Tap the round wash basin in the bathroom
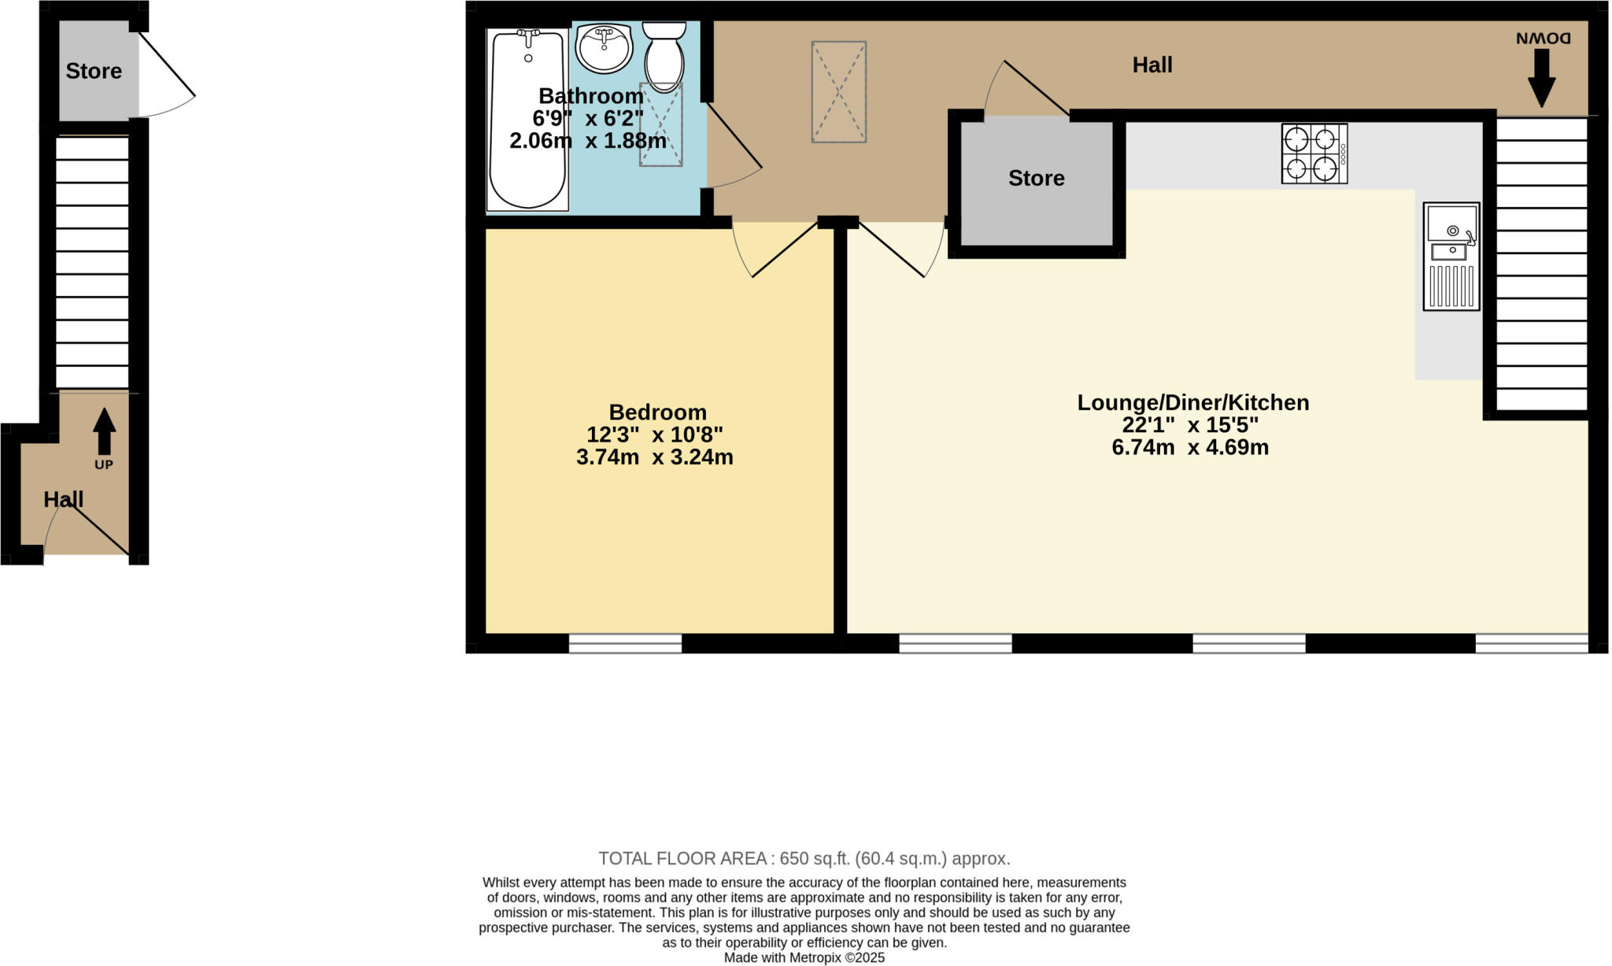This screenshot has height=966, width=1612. [x=604, y=48]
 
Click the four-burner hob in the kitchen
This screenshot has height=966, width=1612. [x=1314, y=154]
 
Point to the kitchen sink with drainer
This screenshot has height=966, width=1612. [x=1451, y=257]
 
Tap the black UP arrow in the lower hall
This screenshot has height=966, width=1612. [x=104, y=431]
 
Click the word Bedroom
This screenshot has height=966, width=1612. [x=657, y=412]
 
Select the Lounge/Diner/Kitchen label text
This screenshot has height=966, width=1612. [x=1192, y=402]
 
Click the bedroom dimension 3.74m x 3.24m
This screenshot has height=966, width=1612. [x=654, y=457]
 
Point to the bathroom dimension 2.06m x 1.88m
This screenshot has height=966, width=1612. [x=587, y=141]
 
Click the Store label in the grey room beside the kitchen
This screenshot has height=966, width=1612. [x=1036, y=178]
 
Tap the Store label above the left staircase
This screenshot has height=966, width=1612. [x=94, y=71]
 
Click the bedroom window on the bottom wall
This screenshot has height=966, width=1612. [x=625, y=643]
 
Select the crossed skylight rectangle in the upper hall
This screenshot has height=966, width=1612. [x=838, y=92]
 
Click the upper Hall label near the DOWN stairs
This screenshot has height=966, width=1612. [x=1152, y=65]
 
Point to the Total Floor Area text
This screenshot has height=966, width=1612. [x=804, y=858]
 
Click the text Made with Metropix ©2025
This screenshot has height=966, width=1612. [x=804, y=958]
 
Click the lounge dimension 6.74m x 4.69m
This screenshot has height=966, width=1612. [x=1189, y=448]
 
